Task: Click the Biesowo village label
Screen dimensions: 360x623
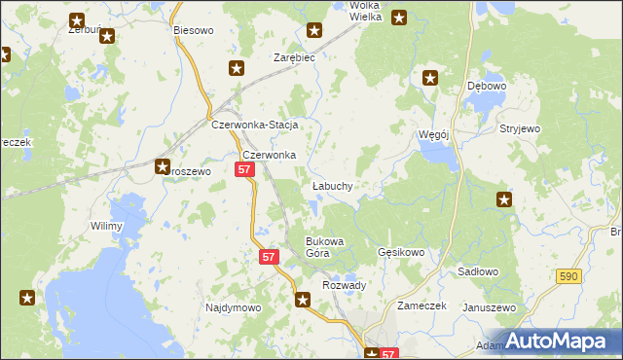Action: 193,30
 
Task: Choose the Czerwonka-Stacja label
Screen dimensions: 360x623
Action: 254,126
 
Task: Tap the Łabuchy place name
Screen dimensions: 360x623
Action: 332,185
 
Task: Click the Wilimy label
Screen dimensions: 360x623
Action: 106,227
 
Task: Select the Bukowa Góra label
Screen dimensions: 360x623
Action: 325,247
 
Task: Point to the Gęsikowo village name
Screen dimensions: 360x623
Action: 401,253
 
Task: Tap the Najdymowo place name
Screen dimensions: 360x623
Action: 233,307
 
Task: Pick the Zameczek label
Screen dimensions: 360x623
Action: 421,305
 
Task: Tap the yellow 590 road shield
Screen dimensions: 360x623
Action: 570,277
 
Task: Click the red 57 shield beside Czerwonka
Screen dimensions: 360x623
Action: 244,170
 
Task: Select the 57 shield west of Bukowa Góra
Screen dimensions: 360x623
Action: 271,257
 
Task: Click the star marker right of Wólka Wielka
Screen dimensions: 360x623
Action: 398,18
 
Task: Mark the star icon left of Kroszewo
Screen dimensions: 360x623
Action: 163,166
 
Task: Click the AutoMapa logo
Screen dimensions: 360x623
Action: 560,340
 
